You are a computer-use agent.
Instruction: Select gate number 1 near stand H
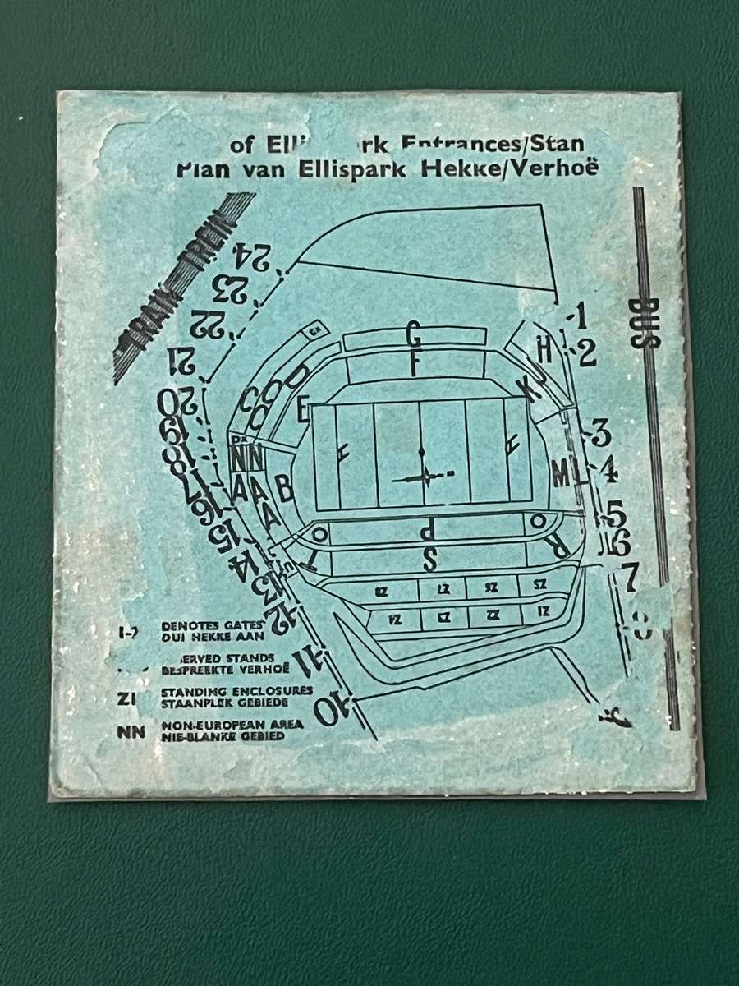581,316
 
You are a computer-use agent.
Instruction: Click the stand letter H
544,348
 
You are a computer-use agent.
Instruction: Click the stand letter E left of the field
304,408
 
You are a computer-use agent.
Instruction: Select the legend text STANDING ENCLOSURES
236,691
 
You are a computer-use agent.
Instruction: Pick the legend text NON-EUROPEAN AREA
232,724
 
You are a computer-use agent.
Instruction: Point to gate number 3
599,432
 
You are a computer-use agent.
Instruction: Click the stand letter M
561,474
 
